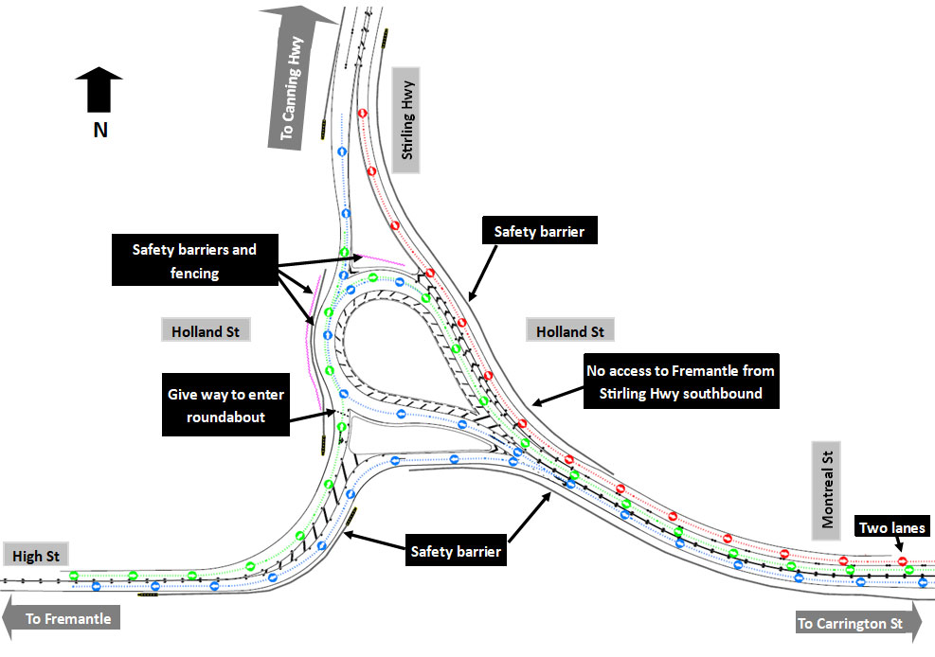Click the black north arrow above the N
(99, 91)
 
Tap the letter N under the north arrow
(99, 131)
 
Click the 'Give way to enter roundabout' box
(226, 406)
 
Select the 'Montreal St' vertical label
(828, 489)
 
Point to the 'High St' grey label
(34, 556)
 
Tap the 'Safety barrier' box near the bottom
(455, 550)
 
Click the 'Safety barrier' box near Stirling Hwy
(540, 230)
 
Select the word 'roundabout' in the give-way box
(225, 417)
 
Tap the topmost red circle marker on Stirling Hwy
(362, 113)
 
